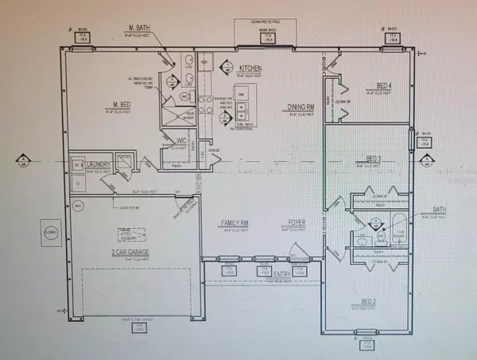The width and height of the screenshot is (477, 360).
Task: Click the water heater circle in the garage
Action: click(x=79, y=206)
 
